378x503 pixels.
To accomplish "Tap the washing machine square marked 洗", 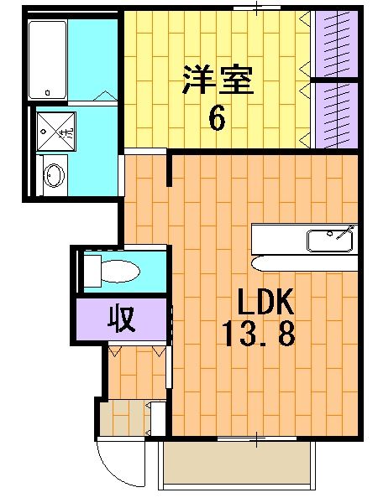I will (x=55, y=131).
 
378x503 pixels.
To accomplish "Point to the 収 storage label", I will (x=123, y=319).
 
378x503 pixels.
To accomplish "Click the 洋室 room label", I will (x=217, y=81).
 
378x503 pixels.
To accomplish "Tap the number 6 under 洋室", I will (x=217, y=118).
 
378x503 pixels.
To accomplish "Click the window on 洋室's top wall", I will (x=246, y=8).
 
